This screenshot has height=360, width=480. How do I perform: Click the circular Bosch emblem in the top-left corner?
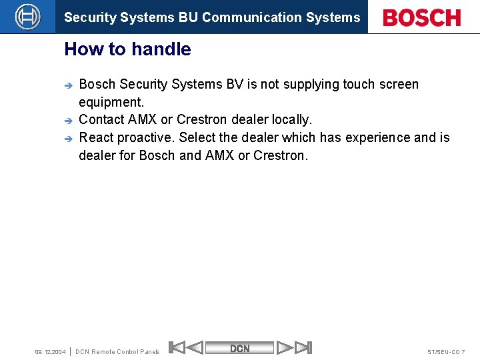(27, 17)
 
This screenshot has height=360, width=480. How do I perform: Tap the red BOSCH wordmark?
(422, 18)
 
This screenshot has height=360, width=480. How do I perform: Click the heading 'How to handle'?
(127, 49)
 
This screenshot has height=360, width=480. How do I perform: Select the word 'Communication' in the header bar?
(245, 18)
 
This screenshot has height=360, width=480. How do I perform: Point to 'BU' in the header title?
(188, 18)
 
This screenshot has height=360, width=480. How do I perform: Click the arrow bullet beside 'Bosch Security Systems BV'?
(67, 85)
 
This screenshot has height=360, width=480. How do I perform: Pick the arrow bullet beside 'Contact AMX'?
(67, 121)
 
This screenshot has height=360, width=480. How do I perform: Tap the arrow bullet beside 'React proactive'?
(67, 139)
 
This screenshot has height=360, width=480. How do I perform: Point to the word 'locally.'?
(291, 120)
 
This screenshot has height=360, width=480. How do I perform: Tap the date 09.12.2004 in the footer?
(50, 351)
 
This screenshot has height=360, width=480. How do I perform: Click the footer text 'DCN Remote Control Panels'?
(118, 351)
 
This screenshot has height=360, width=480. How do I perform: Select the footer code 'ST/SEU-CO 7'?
(446, 351)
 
